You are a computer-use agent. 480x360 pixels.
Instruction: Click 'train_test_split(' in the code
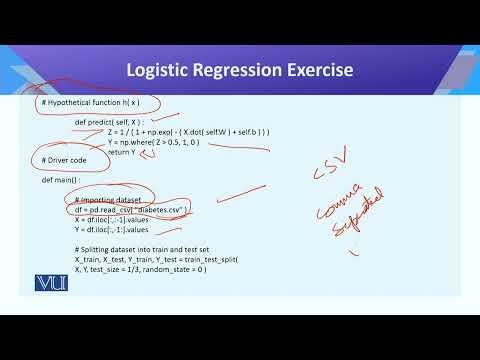pyautogui.click(x=220, y=258)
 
